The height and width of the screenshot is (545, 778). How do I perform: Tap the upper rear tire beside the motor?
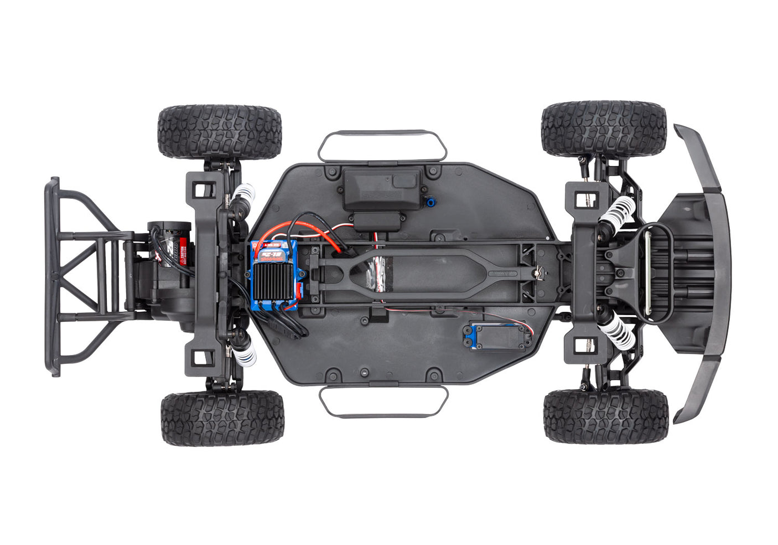(x=220, y=131)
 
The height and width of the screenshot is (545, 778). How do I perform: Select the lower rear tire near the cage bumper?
(x=222, y=418)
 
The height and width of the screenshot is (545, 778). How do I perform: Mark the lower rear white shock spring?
(x=244, y=352)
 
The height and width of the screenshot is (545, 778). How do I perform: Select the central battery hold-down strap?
(x=421, y=271)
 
